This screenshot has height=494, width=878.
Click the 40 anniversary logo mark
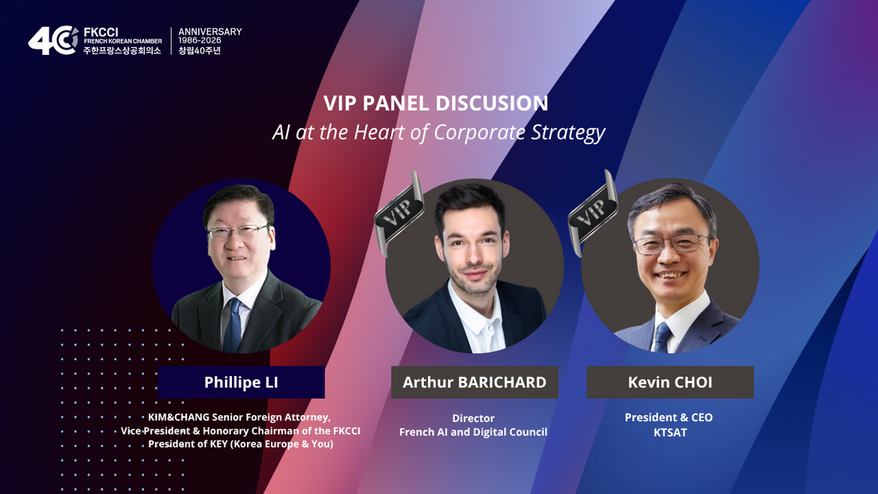pos(53,41)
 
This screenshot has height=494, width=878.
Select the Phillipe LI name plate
pos(242,382)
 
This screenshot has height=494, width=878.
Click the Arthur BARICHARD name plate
pos(474,382)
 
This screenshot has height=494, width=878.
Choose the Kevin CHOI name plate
pos(669,382)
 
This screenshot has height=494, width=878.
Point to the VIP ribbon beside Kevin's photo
pos(594,212)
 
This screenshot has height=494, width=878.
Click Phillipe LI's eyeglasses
pos(238,230)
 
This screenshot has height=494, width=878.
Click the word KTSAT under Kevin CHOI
pos(669,432)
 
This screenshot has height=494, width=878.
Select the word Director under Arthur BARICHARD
pos(474,418)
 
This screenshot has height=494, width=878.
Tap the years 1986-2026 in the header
pos(200,41)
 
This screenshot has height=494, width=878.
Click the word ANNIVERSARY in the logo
pos(210,32)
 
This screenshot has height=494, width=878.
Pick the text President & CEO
pos(669,417)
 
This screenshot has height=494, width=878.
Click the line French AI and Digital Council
pos(474,432)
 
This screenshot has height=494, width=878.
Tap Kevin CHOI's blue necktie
pos(663,337)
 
